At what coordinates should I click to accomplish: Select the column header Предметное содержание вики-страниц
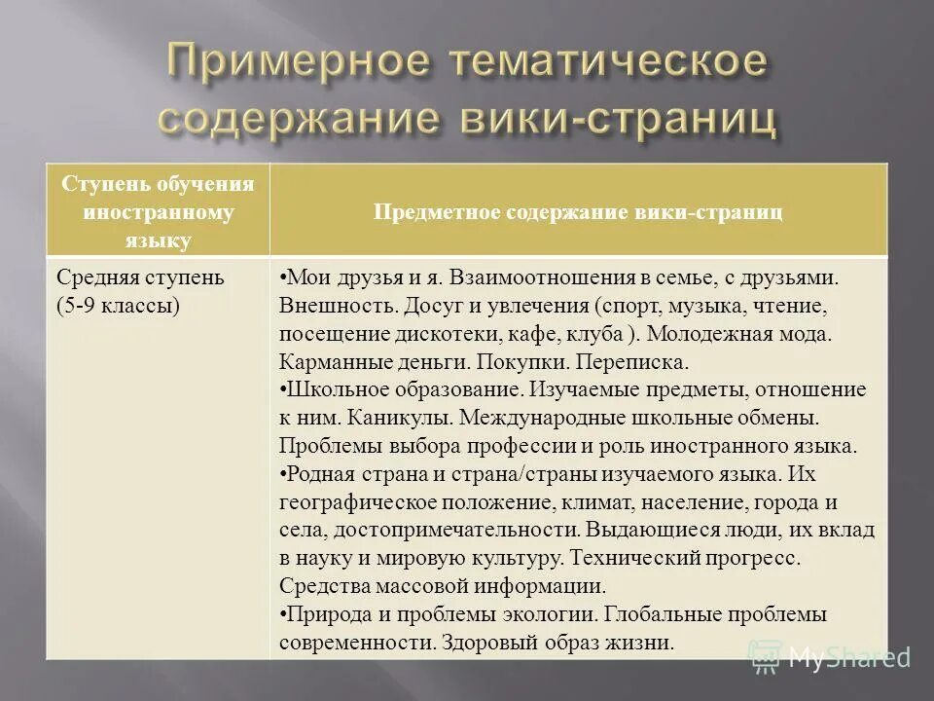click(x=580, y=211)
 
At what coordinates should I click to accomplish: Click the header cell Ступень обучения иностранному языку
click(x=159, y=211)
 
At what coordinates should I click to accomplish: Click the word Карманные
click(x=331, y=362)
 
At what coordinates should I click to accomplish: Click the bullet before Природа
click(x=282, y=615)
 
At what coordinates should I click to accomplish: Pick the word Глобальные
click(x=668, y=615)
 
